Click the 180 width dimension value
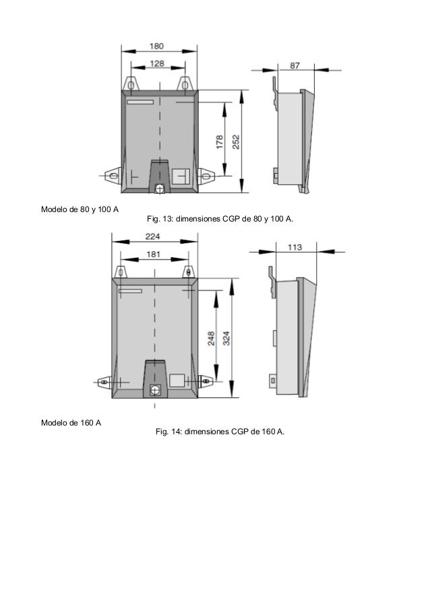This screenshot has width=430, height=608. pos(156,46)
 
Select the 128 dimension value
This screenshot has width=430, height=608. pos(156,63)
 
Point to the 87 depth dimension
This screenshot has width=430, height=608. pos(295,65)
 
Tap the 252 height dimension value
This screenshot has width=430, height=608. pos(236,143)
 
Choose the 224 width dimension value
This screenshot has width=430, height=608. pos(153,236)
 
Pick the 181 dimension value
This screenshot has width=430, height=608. pos(153,255)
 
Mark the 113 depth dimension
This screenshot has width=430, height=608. pos(295,247)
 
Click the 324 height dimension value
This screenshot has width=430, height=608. pos(228,338)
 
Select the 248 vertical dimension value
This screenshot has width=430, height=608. pos(211,338)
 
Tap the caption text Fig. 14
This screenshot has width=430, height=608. pos(219,431)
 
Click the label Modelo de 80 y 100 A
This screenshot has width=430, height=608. pos(80,209)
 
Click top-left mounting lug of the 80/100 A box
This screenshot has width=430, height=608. pos(131,83)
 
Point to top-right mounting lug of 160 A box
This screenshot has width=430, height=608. pos(189,271)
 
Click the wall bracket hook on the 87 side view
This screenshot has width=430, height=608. pos(275,91)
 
